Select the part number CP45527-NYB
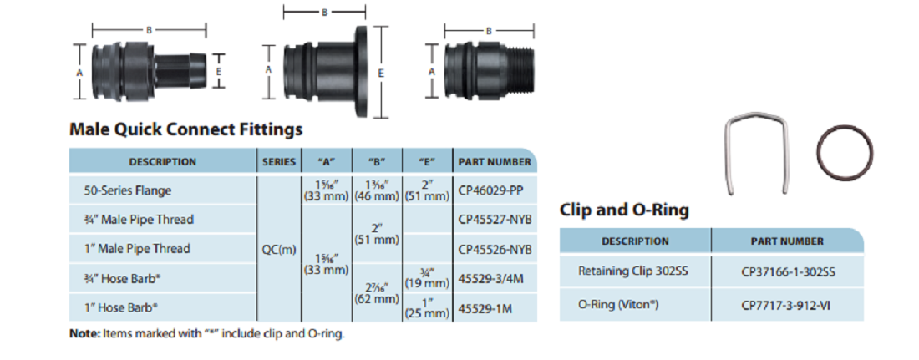[x=495, y=220]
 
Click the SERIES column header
[x=277, y=161]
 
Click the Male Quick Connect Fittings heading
[x=186, y=129]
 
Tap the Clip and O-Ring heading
[x=624, y=210]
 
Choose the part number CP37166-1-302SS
[x=787, y=271]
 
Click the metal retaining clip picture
[x=757, y=151]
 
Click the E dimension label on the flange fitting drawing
[x=380, y=74]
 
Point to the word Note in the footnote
[x=83, y=333]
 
